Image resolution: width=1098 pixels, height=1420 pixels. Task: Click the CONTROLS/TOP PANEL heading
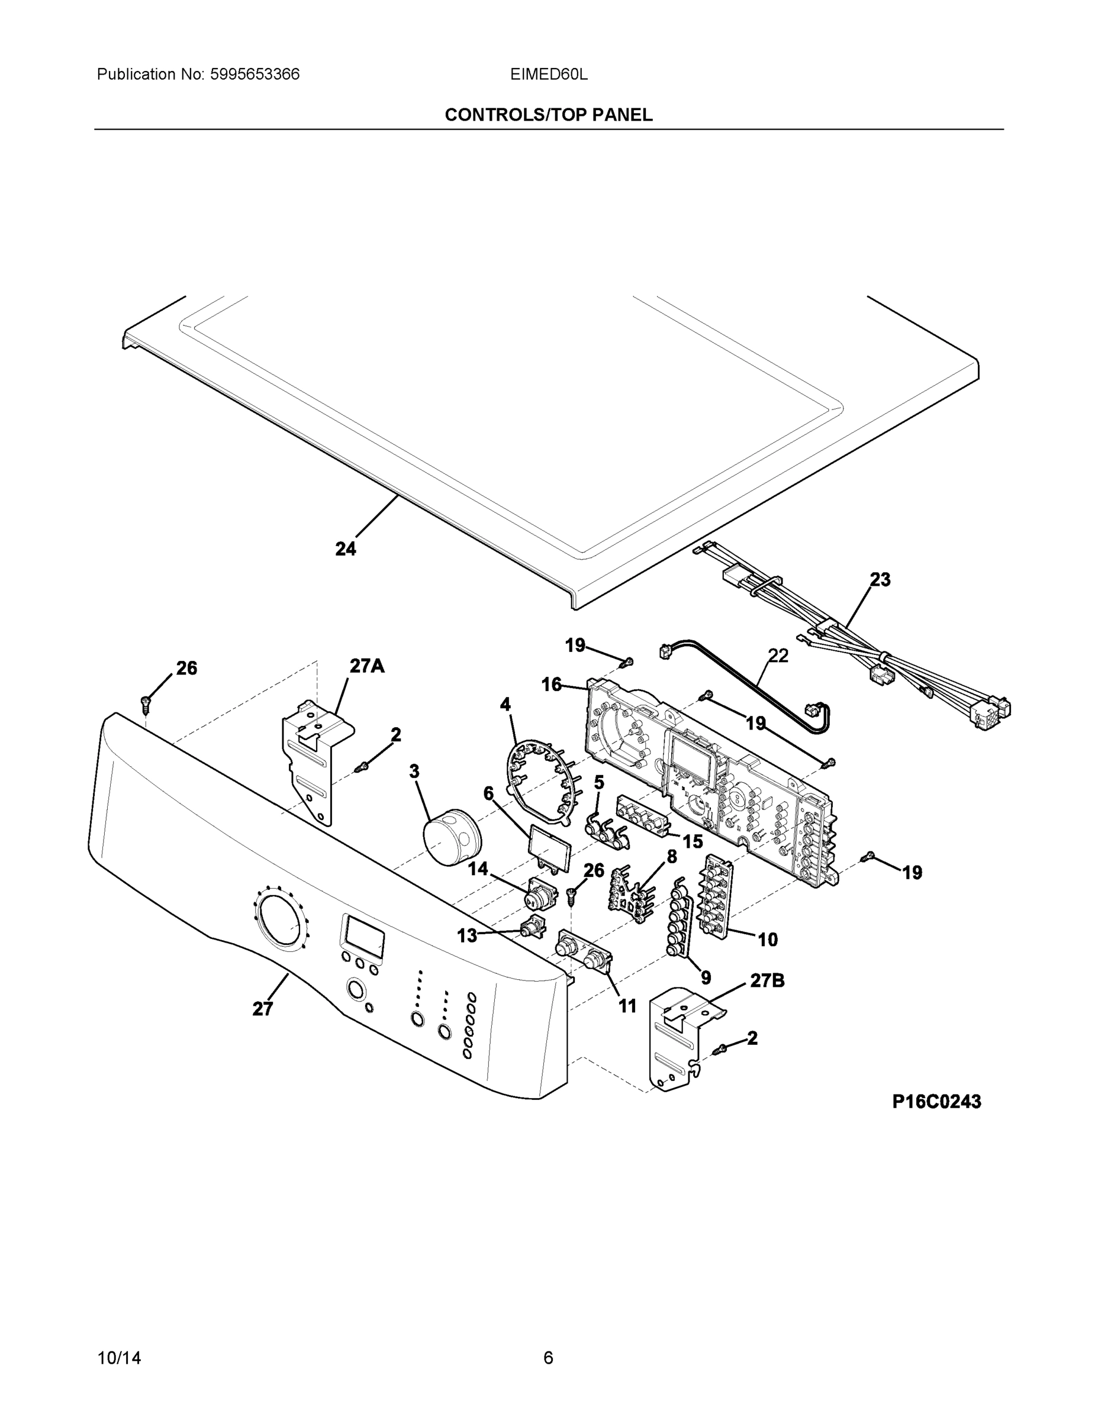coord(548,115)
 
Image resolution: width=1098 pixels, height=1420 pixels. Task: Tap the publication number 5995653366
coord(255,74)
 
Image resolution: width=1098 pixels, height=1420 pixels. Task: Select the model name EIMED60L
coord(548,74)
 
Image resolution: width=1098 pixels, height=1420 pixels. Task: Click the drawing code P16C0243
coord(936,1102)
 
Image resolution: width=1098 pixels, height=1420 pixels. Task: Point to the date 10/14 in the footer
coord(119,1358)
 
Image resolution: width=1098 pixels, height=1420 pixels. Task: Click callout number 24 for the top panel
coord(346,550)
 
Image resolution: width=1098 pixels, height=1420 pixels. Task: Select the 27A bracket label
coord(367,666)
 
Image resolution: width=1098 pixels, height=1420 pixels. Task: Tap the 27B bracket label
coord(767,980)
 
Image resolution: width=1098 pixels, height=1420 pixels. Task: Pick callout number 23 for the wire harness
coord(880,579)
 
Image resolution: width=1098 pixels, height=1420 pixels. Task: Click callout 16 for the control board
coord(552,685)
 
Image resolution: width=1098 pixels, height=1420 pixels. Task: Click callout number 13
coord(467,935)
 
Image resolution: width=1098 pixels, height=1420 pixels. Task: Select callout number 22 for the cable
coord(778,656)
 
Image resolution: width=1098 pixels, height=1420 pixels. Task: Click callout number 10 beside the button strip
coord(768,940)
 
